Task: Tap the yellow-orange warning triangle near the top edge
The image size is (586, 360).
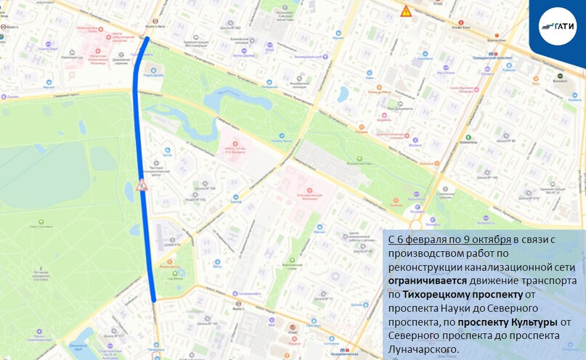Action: (x=406, y=11)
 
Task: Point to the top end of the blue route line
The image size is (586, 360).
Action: (x=147, y=39)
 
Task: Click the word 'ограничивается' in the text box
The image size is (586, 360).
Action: (x=423, y=279)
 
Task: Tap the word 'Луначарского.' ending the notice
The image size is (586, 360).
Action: (x=423, y=349)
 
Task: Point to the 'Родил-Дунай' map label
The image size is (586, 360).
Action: (x=152, y=74)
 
